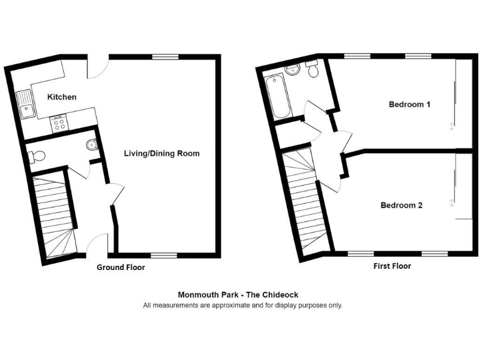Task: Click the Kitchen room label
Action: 62,97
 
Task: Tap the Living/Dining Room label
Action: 162,153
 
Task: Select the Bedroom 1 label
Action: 409,104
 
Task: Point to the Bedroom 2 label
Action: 401,205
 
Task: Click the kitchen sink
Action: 26,105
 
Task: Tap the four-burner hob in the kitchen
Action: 60,122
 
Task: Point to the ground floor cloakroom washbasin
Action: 92,145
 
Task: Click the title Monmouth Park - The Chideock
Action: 242,294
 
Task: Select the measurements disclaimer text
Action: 242,306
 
